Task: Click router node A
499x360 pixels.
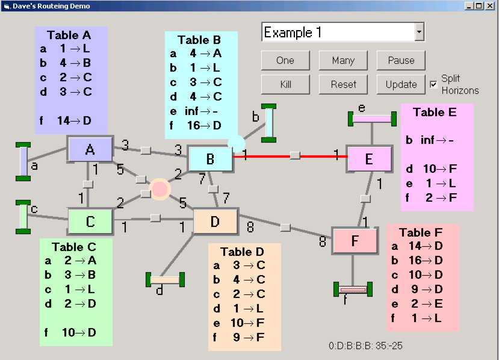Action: (x=90, y=149)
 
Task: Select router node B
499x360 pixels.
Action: (x=210, y=159)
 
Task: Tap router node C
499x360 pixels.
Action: (x=90, y=222)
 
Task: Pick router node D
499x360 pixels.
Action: (x=215, y=222)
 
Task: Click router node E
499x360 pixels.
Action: (x=369, y=159)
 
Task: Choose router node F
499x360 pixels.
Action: (x=355, y=241)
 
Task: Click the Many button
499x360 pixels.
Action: (x=343, y=60)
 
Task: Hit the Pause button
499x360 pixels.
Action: (x=401, y=60)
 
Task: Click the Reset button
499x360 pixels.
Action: (x=343, y=84)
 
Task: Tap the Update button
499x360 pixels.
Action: (x=401, y=84)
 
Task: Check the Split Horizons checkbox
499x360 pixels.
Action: (x=433, y=84)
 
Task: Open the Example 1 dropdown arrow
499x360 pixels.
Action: (x=420, y=33)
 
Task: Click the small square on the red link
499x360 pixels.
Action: (x=294, y=155)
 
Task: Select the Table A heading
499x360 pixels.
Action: (x=69, y=35)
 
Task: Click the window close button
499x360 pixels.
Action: (x=490, y=5)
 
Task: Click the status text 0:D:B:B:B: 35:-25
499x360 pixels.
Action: (x=365, y=346)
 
